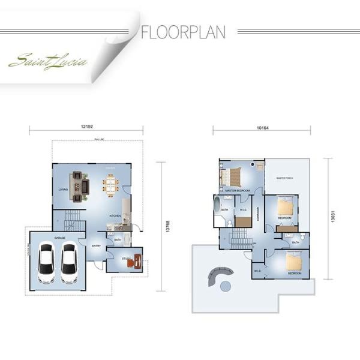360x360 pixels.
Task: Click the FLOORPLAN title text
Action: [183, 31]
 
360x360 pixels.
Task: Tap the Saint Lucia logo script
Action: [48, 61]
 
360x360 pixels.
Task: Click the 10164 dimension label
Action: [262, 127]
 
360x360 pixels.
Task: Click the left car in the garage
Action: [47, 263]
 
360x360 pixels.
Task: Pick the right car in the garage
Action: [69, 263]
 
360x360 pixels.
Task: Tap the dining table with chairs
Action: [110, 184]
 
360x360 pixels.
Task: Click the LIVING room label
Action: [63, 190]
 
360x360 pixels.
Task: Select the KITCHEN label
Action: [115, 215]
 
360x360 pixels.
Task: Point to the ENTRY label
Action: [96, 245]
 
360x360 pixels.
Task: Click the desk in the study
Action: [138, 261]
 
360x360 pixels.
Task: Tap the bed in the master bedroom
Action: [230, 177]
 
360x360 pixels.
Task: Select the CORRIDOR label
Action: [258, 213]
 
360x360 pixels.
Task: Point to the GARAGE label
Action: [59, 238]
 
